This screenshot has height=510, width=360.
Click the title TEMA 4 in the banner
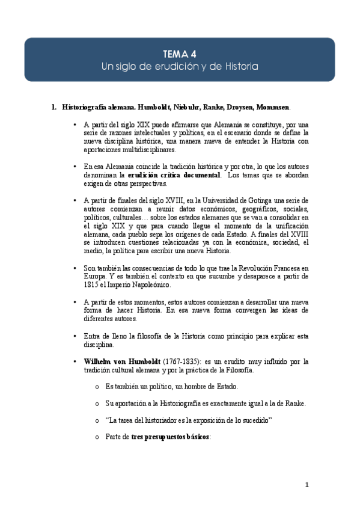coord(180,53)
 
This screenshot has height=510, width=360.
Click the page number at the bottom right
coord(307,485)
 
